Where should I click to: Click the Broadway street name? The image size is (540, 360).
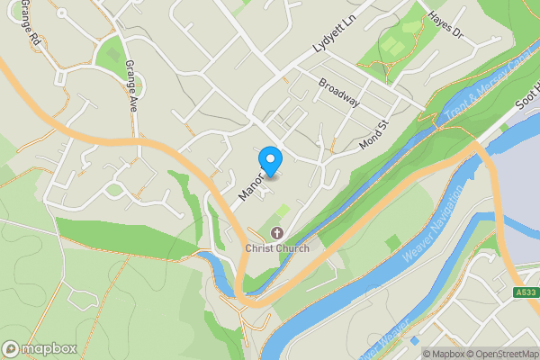[x=338, y=92]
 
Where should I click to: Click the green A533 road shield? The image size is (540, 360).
[x=526, y=292]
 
